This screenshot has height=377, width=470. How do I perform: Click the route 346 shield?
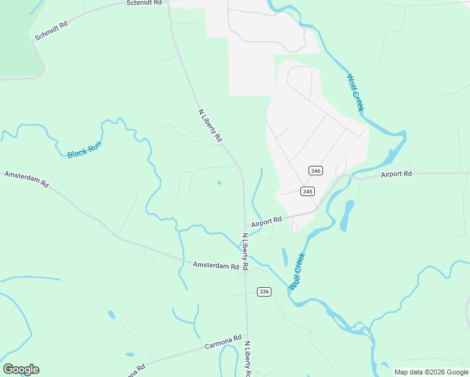(315, 171)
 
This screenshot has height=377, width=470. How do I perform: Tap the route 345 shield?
(307, 192)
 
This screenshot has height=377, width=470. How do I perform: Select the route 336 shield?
(264, 292)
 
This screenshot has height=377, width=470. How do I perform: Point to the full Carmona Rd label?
(223, 342)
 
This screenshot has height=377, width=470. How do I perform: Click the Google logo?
(21, 369)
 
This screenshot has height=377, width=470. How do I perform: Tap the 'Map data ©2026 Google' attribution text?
(432, 372)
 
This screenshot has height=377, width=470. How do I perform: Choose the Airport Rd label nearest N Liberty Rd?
(266, 222)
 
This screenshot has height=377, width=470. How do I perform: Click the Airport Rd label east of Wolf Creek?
(396, 174)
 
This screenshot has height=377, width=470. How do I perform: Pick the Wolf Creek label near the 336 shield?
(297, 271)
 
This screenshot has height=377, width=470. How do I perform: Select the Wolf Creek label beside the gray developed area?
(355, 93)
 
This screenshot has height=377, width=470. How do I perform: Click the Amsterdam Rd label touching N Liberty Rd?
(216, 266)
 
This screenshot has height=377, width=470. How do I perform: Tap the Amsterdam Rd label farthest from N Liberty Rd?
(26, 179)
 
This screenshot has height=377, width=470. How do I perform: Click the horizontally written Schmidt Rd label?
(144, 3)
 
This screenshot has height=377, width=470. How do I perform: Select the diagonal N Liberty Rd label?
(210, 125)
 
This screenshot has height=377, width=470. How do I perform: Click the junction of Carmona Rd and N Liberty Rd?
(247, 337)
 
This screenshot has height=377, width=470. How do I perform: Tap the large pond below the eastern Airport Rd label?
(346, 216)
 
